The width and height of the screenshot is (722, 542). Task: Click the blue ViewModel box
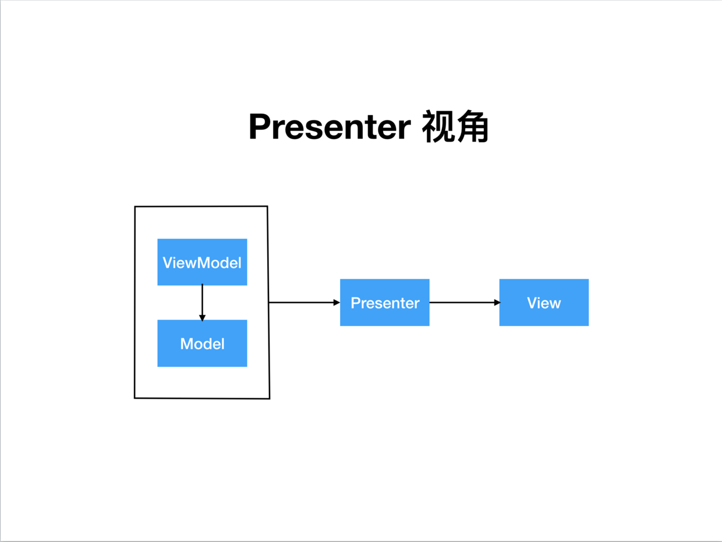pyautogui.click(x=202, y=262)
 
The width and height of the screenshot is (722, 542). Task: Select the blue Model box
pyautogui.click(x=202, y=343)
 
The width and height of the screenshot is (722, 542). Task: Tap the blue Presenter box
pyautogui.click(x=384, y=303)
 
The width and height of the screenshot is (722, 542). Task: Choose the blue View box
pyautogui.click(x=544, y=303)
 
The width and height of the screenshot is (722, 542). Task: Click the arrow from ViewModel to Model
pyautogui.click(x=202, y=303)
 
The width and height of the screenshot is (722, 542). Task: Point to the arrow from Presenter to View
pyautogui.click(x=465, y=303)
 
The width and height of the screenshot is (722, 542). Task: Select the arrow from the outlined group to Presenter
pyautogui.click(x=305, y=302)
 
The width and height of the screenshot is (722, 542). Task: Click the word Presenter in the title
pyautogui.click(x=330, y=127)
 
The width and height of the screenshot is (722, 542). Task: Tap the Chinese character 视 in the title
pyautogui.click(x=437, y=126)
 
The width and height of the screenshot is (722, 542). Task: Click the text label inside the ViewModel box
pyautogui.click(x=202, y=263)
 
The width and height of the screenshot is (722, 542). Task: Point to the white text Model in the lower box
pyautogui.click(x=202, y=343)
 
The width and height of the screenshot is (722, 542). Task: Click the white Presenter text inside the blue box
pyautogui.click(x=385, y=303)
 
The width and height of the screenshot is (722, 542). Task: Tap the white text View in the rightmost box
pyautogui.click(x=544, y=303)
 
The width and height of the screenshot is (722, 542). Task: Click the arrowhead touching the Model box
pyautogui.click(x=202, y=318)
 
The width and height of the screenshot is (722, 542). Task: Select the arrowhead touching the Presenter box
pyautogui.click(x=337, y=302)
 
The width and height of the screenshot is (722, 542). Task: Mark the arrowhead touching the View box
pyautogui.click(x=497, y=303)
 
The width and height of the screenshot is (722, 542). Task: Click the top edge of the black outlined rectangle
pyautogui.click(x=201, y=207)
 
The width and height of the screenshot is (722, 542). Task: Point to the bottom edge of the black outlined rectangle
pyautogui.click(x=202, y=399)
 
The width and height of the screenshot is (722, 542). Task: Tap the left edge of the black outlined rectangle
pyautogui.click(x=135, y=302)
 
